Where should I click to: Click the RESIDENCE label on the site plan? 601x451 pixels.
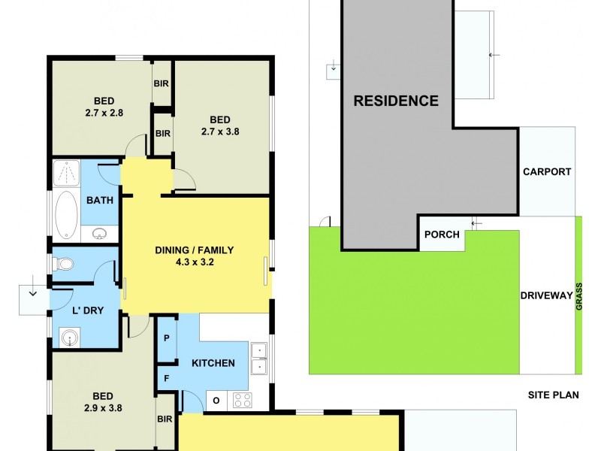[396, 101]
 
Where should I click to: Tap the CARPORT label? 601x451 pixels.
[547, 171]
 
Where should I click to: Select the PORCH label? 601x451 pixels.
[442, 235]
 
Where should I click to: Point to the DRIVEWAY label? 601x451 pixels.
[546, 295]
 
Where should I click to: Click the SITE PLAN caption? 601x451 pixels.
[552, 395]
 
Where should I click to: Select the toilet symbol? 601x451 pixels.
[62, 265]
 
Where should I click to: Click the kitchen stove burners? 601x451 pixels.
[242, 401]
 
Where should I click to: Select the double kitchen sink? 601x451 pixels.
[259, 358]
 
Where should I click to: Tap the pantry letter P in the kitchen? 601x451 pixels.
[167, 337]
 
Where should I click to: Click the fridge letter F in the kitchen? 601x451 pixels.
[167, 378]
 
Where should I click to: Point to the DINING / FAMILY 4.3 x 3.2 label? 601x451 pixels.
[195, 257]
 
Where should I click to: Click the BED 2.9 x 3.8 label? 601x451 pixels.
[103, 402]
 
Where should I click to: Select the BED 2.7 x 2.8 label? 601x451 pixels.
[103, 107]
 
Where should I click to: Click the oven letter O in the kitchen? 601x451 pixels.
[216, 401]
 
